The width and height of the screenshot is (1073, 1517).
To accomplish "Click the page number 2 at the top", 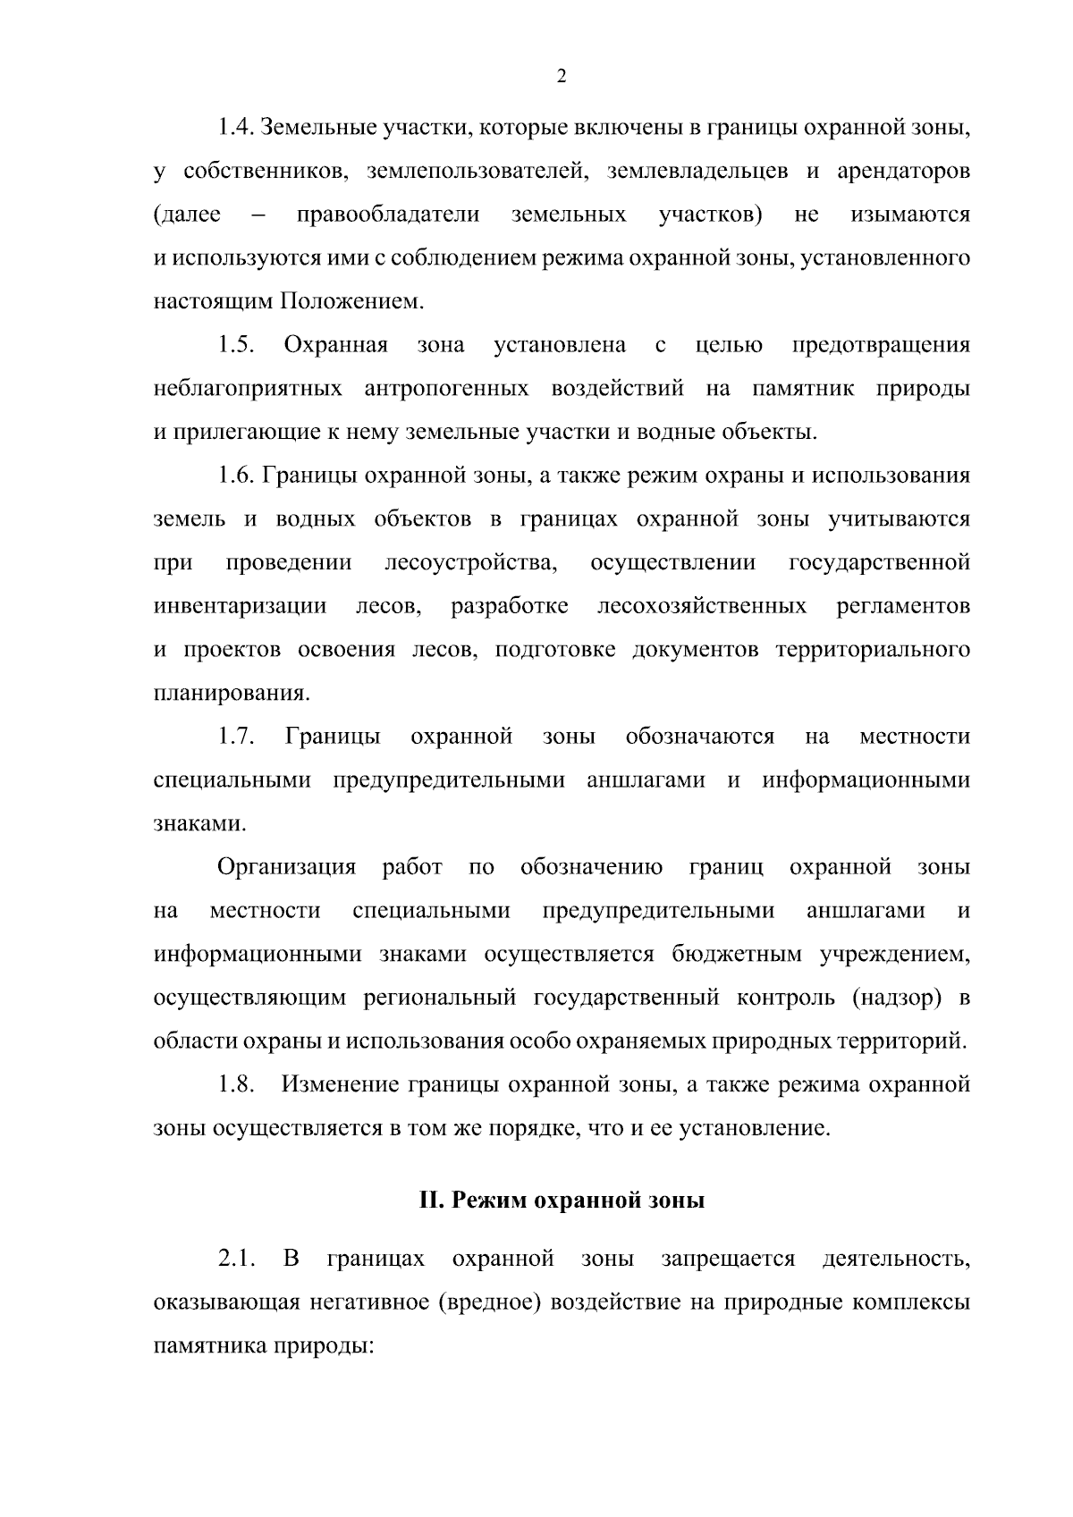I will click(562, 77).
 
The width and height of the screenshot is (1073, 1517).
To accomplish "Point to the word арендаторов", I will click(903, 172).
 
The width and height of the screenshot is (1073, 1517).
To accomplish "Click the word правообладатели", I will click(387, 215).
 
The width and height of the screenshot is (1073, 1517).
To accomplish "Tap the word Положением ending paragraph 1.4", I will click(351, 302).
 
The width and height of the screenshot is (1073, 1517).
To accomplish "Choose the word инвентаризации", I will click(241, 607).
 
